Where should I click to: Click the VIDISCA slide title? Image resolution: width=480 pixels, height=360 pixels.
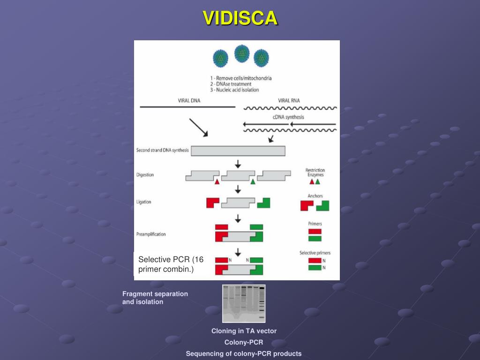click(240, 18)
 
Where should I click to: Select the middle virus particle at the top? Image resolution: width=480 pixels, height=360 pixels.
click(242, 53)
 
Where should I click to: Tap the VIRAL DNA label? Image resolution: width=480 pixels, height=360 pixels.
click(189, 100)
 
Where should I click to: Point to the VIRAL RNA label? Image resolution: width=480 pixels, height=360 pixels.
click(289, 100)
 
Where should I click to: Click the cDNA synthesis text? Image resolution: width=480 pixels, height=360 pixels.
click(288, 117)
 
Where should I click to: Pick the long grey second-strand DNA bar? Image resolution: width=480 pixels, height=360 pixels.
click(238, 150)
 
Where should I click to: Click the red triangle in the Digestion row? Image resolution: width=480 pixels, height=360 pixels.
click(217, 182)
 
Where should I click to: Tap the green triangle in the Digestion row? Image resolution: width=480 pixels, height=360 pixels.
click(253, 182)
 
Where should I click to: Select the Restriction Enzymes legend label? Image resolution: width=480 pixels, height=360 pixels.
click(315, 172)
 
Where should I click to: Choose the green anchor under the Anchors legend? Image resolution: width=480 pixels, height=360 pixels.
click(323, 205)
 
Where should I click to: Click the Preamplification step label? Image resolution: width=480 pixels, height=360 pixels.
click(151, 234)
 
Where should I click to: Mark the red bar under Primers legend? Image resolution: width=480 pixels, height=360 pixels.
click(315, 231)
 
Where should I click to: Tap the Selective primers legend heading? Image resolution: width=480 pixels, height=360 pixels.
click(315, 253)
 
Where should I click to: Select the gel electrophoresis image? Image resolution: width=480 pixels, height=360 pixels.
click(244, 303)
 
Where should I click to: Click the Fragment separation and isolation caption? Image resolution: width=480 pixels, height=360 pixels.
click(155, 298)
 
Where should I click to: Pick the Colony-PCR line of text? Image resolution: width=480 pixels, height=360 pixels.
click(244, 342)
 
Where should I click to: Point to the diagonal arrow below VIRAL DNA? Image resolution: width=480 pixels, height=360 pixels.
click(198, 127)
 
